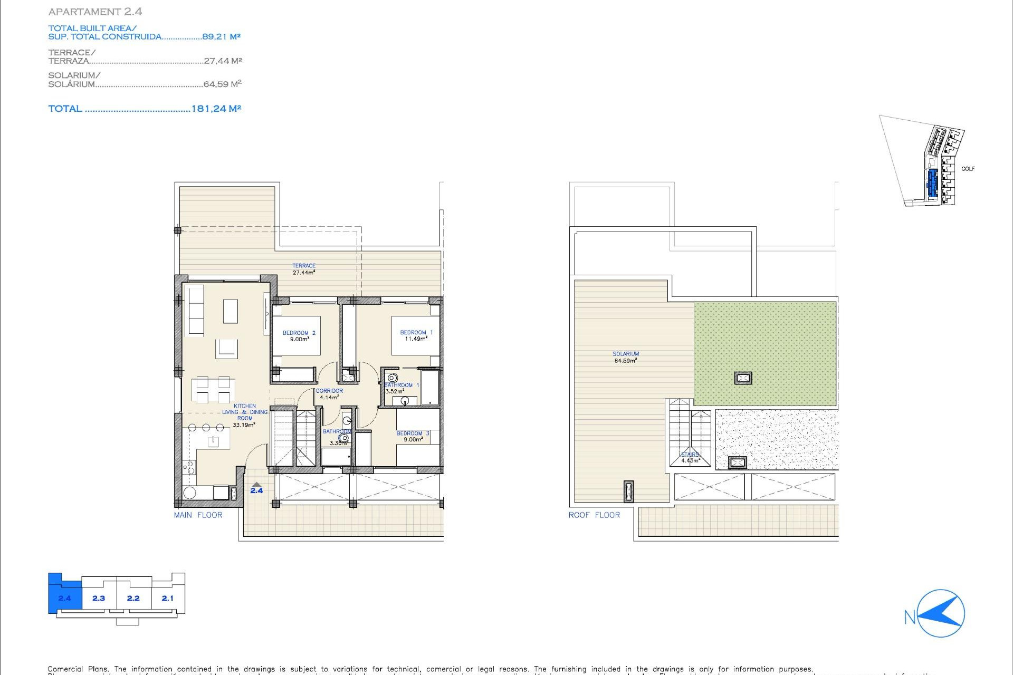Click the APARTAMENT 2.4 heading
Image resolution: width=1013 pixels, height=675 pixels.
[x=95, y=12]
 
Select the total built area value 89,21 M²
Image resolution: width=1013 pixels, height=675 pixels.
[x=221, y=36]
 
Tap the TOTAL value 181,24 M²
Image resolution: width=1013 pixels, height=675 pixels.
[x=216, y=109]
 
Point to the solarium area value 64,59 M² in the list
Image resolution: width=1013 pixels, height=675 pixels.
[x=222, y=84]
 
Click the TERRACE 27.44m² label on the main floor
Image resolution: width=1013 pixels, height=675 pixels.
[x=304, y=269]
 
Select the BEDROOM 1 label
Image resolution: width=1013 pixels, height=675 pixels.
[x=416, y=335]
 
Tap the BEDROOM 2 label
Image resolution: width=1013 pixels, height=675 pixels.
[x=299, y=336]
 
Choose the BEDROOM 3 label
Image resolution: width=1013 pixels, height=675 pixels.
[x=413, y=436]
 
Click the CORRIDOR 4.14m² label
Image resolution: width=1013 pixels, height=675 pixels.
[x=329, y=394]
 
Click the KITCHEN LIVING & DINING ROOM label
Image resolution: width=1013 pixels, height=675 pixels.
[x=244, y=415]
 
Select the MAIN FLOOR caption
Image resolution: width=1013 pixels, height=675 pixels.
[x=198, y=515]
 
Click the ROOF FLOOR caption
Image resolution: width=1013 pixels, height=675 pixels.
[x=594, y=515]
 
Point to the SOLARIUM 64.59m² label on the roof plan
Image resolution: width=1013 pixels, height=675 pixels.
[x=626, y=358]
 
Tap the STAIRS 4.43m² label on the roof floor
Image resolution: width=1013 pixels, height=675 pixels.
[x=690, y=457]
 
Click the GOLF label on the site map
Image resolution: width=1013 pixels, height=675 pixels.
[x=968, y=169]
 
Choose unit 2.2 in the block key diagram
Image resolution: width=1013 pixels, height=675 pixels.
[x=133, y=598]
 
